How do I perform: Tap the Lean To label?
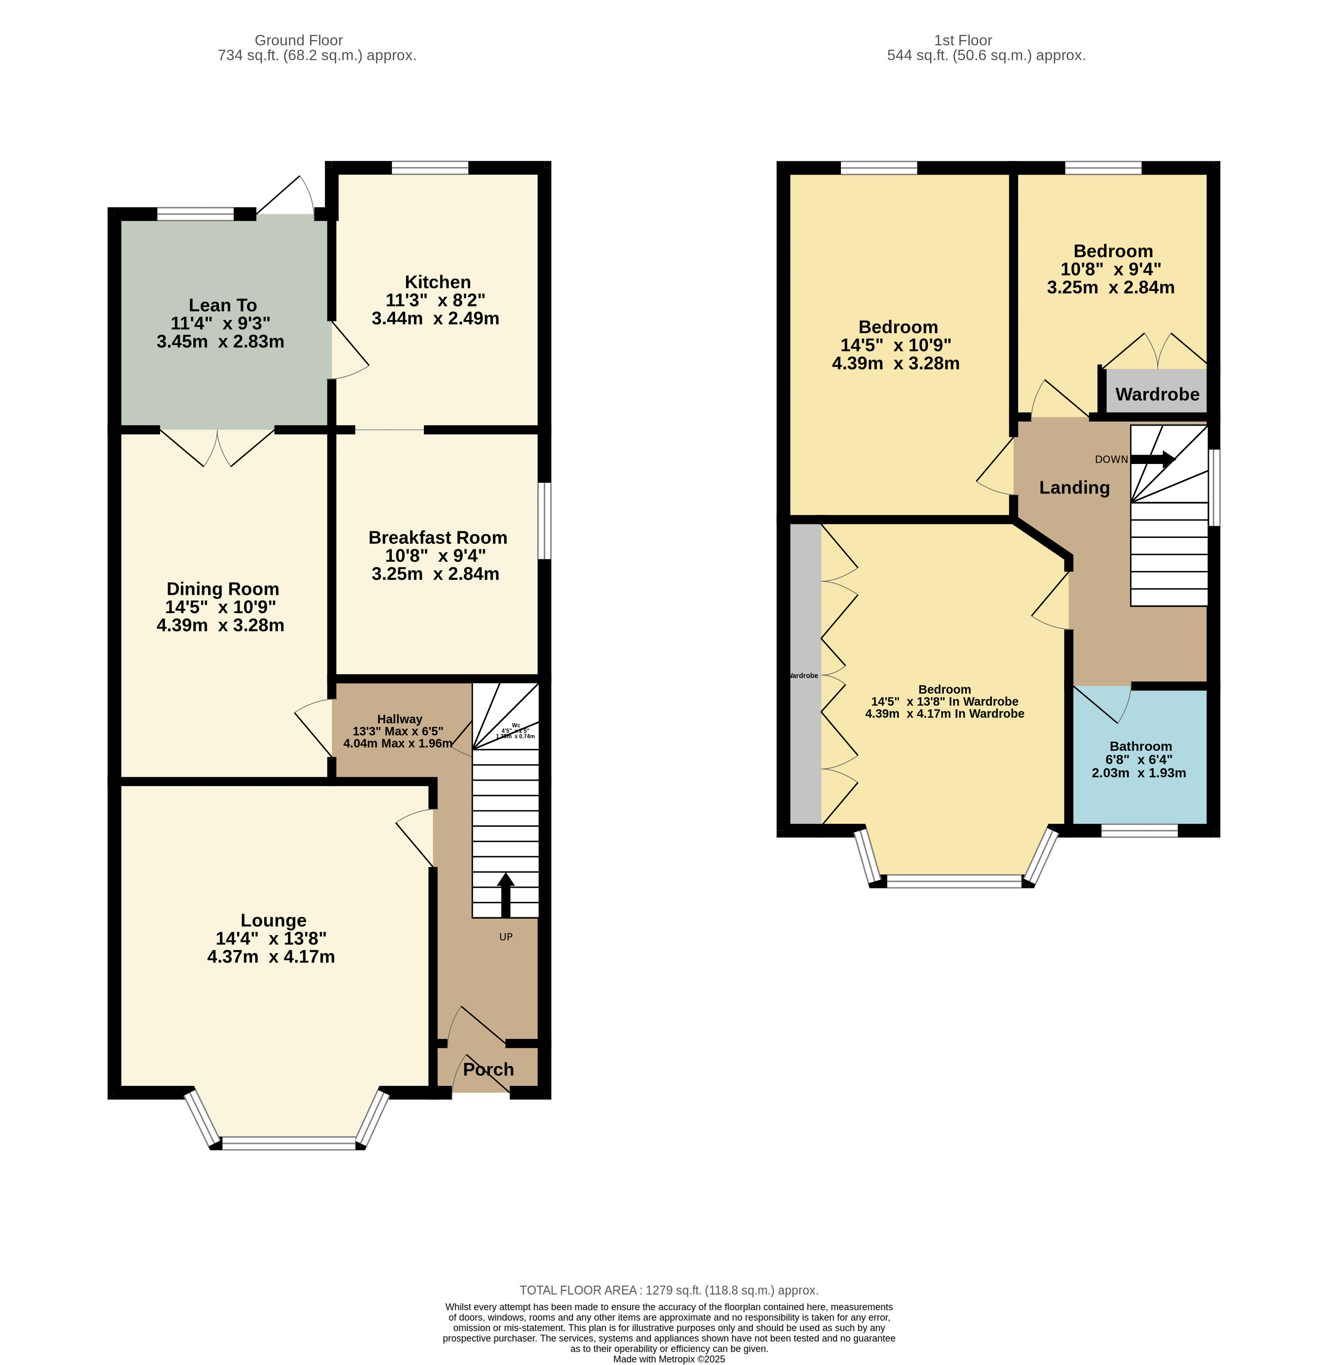click(223, 305)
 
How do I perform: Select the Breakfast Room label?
click(437, 537)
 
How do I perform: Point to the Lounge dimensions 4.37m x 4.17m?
click(271, 956)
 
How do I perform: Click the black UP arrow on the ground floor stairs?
click(505, 895)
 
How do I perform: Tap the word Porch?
click(488, 1069)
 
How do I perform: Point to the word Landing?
click(1074, 488)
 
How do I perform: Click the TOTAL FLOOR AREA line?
click(668, 1290)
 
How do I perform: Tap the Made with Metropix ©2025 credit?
click(668, 1359)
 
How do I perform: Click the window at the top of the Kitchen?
click(430, 167)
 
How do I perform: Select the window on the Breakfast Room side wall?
click(545, 520)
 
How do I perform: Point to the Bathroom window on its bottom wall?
click(1139, 830)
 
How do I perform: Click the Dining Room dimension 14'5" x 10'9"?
click(221, 607)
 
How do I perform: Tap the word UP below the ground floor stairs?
click(506, 937)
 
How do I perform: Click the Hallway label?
click(399, 719)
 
